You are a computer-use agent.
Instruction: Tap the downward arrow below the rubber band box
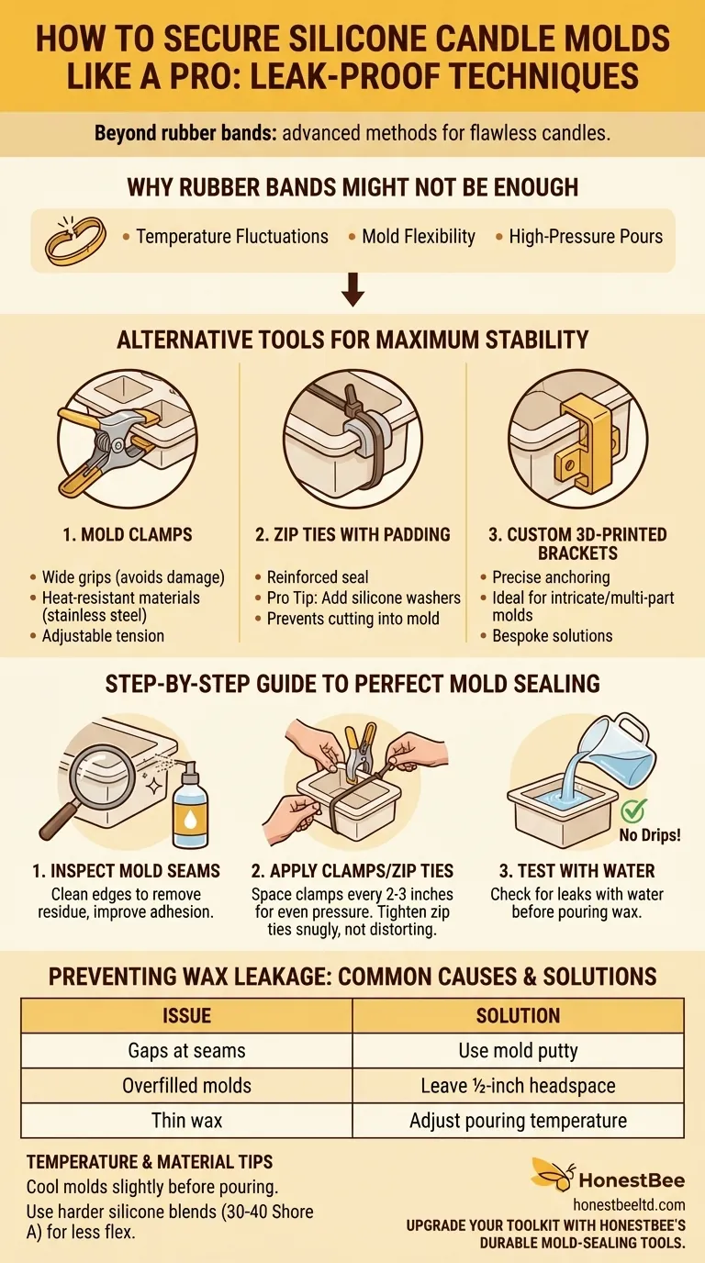tap(352, 293)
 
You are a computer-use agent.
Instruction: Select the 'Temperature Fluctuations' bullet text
tap(231, 237)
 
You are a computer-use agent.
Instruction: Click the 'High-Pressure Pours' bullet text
tap(585, 237)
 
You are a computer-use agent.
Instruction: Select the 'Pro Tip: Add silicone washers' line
tap(364, 598)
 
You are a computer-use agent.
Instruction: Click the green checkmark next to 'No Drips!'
tap(632, 810)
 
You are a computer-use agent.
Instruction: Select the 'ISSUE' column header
tap(186, 1015)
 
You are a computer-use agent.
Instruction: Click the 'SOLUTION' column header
tap(518, 1015)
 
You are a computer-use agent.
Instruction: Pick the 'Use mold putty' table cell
tap(518, 1050)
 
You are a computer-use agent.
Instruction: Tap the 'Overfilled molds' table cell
tap(186, 1086)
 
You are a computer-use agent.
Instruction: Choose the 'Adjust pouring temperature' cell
tap(518, 1121)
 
